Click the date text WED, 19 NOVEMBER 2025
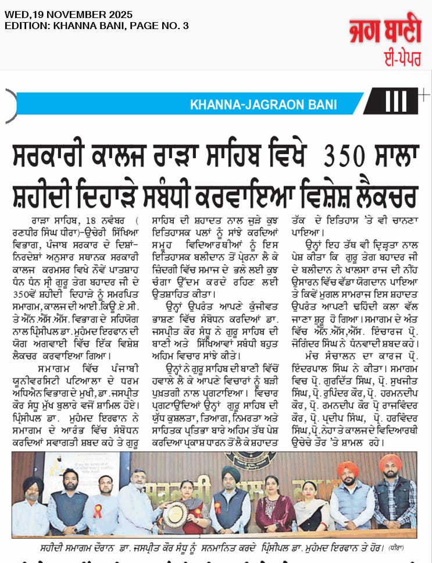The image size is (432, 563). coord(68,15)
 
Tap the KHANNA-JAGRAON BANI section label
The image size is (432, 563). coord(263,105)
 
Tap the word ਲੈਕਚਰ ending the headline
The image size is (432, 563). coord(380,196)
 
